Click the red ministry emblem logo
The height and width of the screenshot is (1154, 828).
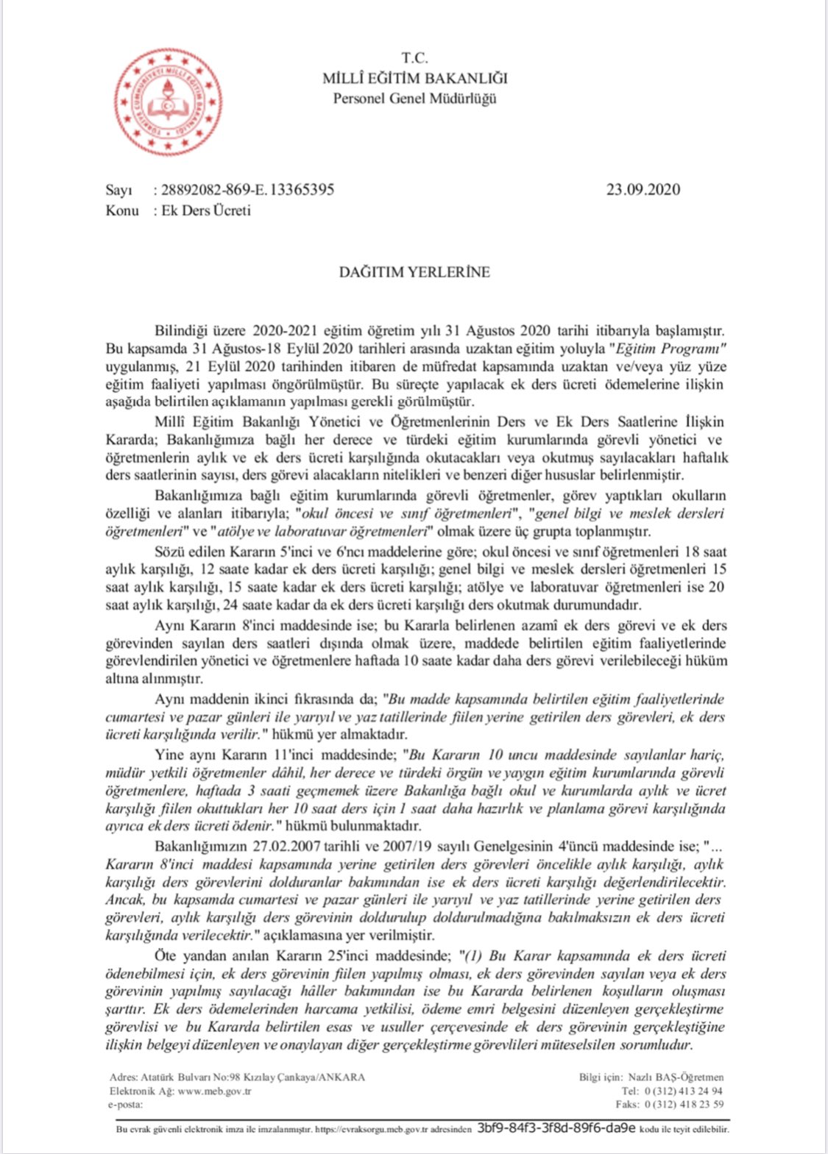[x=169, y=101]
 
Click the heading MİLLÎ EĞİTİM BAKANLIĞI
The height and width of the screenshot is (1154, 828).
[x=414, y=78]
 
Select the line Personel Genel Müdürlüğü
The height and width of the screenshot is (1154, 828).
[x=414, y=98]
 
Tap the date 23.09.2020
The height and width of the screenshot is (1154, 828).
[x=643, y=190]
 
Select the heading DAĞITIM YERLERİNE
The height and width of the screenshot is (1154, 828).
[x=414, y=272]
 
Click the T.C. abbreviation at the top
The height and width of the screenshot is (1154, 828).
[x=414, y=58]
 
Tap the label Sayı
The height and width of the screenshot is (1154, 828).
[x=118, y=190]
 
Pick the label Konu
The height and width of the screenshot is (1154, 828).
[x=121, y=210]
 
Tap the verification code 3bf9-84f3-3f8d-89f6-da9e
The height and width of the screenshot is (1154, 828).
[x=556, y=1128]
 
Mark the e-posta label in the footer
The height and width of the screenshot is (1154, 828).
[x=126, y=1104]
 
